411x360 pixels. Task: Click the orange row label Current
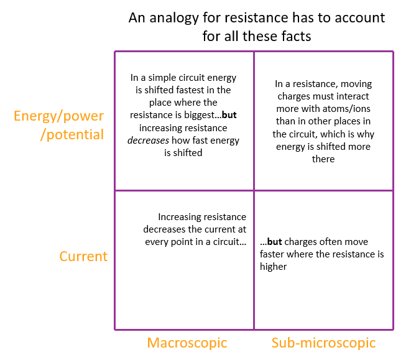tap(83, 256)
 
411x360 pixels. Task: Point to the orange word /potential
tap(72, 135)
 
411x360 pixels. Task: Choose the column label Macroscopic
tap(187, 343)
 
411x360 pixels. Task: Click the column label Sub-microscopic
tap(323, 343)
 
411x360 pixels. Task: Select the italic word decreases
tap(148, 140)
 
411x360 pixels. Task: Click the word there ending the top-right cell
tap(323, 159)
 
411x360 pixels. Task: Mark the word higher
tap(274, 267)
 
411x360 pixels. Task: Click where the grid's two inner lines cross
tap(254, 190)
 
